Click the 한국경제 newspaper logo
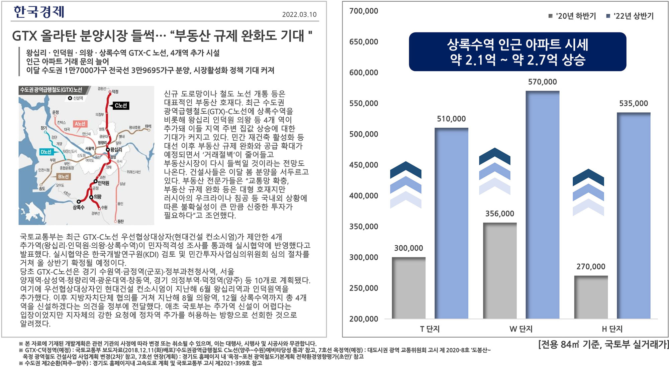click(39, 12)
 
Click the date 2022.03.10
click(299, 14)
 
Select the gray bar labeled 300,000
click(408, 287)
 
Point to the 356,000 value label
click(499, 214)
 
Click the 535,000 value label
click(633, 104)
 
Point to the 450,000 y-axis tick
click(364, 165)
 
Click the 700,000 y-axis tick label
click(364, 11)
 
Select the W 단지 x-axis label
click(521, 329)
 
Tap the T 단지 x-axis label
click(430, 329)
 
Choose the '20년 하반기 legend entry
click(572, 16)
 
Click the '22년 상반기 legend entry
click(630, 16)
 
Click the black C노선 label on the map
click(121, 106)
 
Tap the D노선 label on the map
click(46, 152)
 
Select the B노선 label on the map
click(63, 176)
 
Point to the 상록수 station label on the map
click(79, 207)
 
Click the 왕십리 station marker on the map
click(108, 149)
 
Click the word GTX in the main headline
click(24, 36)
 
